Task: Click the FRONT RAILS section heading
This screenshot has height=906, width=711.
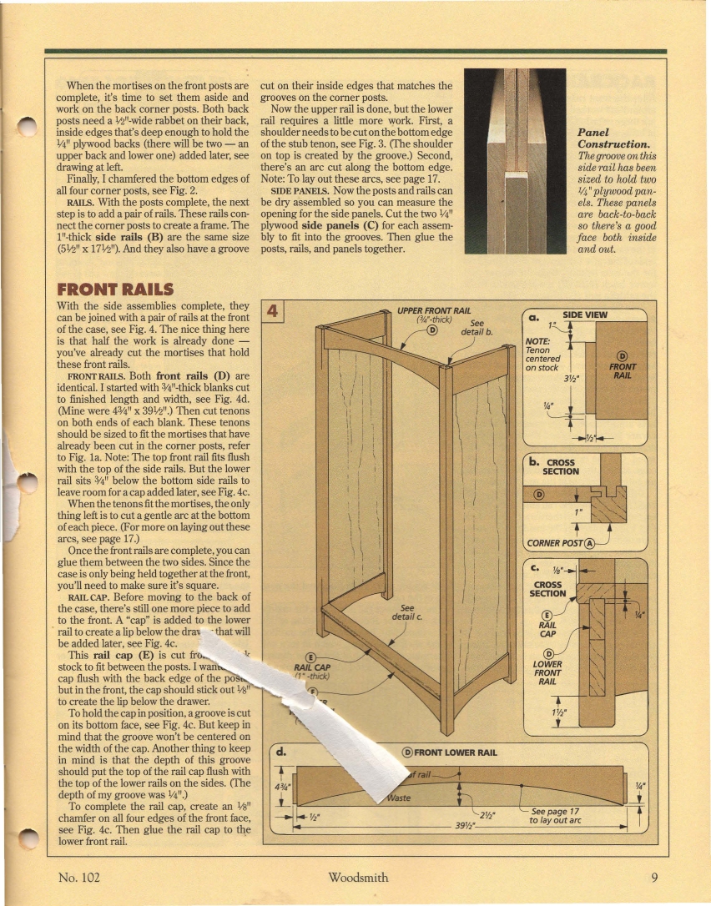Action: [114, 289]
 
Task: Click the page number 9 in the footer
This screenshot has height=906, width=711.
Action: [655, 877]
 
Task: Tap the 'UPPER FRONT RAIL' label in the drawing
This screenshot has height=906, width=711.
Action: [434, 310]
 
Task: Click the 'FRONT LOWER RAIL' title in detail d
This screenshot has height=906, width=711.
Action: [455, 752]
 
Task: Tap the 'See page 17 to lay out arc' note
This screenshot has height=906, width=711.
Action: [554, 815]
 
